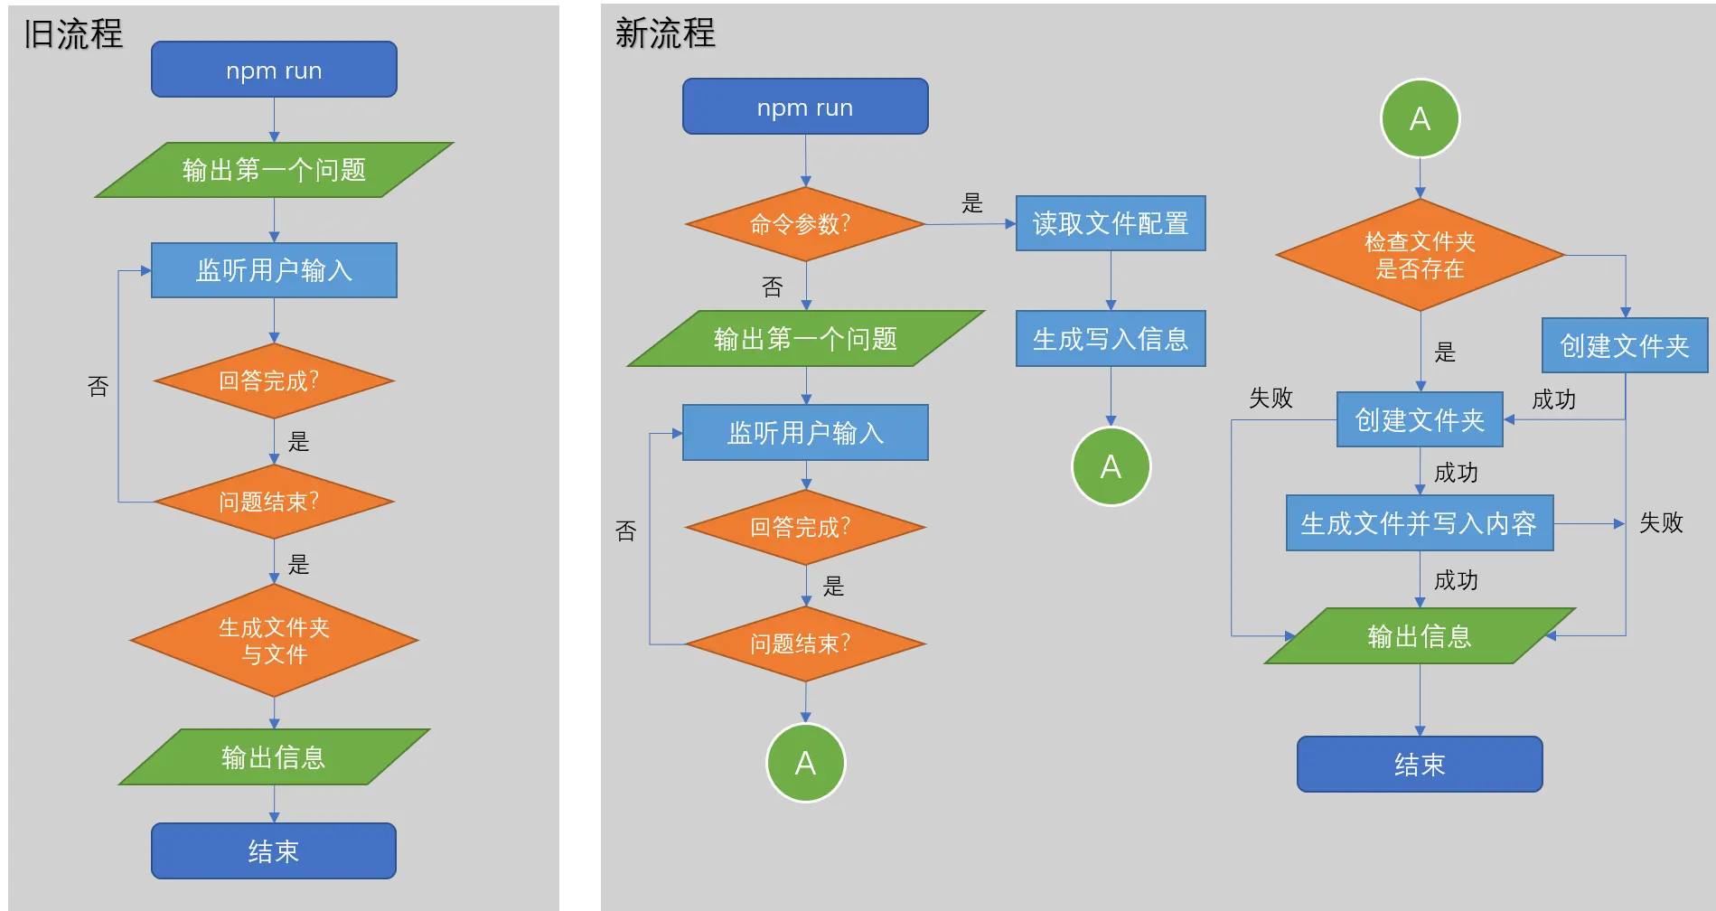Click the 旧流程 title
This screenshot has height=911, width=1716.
[x=73, y=34]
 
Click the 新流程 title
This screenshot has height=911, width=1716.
[x=665, y=33]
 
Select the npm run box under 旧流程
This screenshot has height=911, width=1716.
[x=274, y=70]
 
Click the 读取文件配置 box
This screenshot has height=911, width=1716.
[x=1111, y=223]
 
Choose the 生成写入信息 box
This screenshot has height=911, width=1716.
[x=1111, y=339]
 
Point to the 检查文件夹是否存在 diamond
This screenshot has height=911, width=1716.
[x=1420, y=255]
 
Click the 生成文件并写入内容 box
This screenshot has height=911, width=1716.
[x=1420, y=522]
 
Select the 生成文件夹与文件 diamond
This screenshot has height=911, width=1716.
[x=274, y=641]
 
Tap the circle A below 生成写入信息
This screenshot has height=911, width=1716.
[x=1111, y=466]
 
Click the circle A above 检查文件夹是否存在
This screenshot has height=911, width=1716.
[x=1420, y=118]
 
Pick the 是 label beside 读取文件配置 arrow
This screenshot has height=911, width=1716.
[x=972, y=202]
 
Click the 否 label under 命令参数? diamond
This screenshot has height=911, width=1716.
[x=773, y=287]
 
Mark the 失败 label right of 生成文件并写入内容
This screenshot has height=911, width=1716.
[x=1661, y=522]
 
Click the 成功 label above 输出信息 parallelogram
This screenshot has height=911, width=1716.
[x=1456, y=580]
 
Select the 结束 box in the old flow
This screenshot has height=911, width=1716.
[x=274, y=850]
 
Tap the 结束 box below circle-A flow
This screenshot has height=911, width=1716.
[x=1420, y=765]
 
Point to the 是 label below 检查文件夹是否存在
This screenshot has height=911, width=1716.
[x=1445, y=352]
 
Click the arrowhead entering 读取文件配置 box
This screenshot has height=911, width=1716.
[x=1010, y=223]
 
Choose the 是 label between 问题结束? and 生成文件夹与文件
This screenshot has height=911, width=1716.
[x=299, y=565]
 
